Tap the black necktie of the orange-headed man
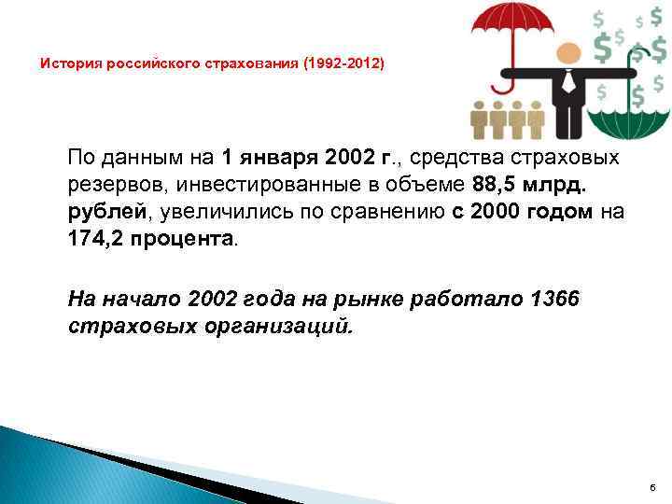coord(567,85)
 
